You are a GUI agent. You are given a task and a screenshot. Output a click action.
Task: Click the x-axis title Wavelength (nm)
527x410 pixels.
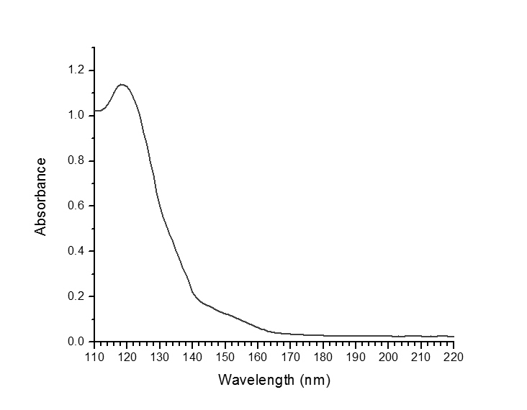274,379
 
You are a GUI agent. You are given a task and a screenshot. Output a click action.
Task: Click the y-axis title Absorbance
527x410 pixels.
41,196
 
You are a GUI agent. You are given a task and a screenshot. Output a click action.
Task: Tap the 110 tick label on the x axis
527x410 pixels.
94,356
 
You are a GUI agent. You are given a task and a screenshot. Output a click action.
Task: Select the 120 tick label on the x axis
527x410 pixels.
127,356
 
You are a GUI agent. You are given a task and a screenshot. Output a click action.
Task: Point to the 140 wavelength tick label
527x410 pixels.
192,356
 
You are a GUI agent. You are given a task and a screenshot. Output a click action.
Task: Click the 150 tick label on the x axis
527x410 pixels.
225,356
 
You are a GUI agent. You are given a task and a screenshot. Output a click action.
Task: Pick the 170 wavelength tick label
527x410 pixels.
290,356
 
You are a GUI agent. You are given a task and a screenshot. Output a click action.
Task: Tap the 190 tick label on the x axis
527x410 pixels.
356,356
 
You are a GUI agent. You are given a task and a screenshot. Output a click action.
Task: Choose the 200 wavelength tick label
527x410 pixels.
389,356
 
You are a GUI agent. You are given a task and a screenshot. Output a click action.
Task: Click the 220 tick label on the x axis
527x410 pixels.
454,356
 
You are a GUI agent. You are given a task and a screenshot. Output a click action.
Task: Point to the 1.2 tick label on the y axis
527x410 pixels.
76,70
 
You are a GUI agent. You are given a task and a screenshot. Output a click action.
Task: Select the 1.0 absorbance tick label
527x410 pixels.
76,115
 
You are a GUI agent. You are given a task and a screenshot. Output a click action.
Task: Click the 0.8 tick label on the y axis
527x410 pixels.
76,160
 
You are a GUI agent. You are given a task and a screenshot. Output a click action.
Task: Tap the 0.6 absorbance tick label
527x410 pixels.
76,206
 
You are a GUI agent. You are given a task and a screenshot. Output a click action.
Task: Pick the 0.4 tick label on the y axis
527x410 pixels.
76,251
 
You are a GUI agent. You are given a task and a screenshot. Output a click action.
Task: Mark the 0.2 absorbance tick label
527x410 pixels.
76,296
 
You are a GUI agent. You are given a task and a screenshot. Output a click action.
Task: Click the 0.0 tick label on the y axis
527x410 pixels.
76,342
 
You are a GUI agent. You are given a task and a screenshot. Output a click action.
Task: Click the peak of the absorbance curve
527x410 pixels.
122,85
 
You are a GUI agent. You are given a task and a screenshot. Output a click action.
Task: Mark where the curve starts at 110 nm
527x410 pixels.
95,111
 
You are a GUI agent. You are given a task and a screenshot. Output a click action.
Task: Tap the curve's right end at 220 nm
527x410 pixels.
454,337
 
